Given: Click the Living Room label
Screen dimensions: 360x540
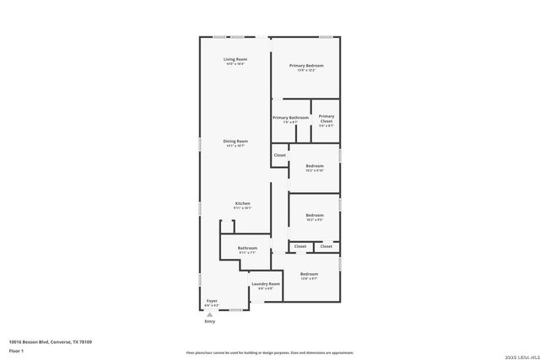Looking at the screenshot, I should [x=235, y=59].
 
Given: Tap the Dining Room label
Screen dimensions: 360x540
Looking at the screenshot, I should [x=235, y=141].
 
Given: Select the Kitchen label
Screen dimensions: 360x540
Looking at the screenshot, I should [x=242, y=203].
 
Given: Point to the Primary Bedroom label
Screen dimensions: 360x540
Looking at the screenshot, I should [x=306, y=65].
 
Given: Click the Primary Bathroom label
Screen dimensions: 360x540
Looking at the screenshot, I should [x=290, y=117].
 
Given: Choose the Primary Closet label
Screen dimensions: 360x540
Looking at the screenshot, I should [x=327, y=117].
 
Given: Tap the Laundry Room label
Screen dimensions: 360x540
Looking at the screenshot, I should [x=266, y=284].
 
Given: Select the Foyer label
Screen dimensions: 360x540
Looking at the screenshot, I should [x=212, y=300].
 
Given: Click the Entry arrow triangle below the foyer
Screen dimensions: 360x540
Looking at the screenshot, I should [x=210, y=314].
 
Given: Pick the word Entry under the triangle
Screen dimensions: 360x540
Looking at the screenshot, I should [x=210, y=321].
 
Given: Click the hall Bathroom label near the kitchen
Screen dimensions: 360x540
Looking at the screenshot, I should [x=247, y=248].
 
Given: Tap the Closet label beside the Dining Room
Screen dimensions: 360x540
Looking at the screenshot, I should [x=279, y=155].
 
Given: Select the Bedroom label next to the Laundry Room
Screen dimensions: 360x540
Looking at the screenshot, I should [x=309, y=274].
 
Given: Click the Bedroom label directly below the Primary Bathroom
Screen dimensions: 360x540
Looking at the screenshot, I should [x=315, y=166].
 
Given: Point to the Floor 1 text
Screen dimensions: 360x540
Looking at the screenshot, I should [x=16, y=350].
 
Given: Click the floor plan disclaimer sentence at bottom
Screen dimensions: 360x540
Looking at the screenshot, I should [x=270, y=352].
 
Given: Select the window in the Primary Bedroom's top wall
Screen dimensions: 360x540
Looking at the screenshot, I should [x=326, y=36].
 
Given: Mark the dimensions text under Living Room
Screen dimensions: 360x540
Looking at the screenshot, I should [x=235, y=65].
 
